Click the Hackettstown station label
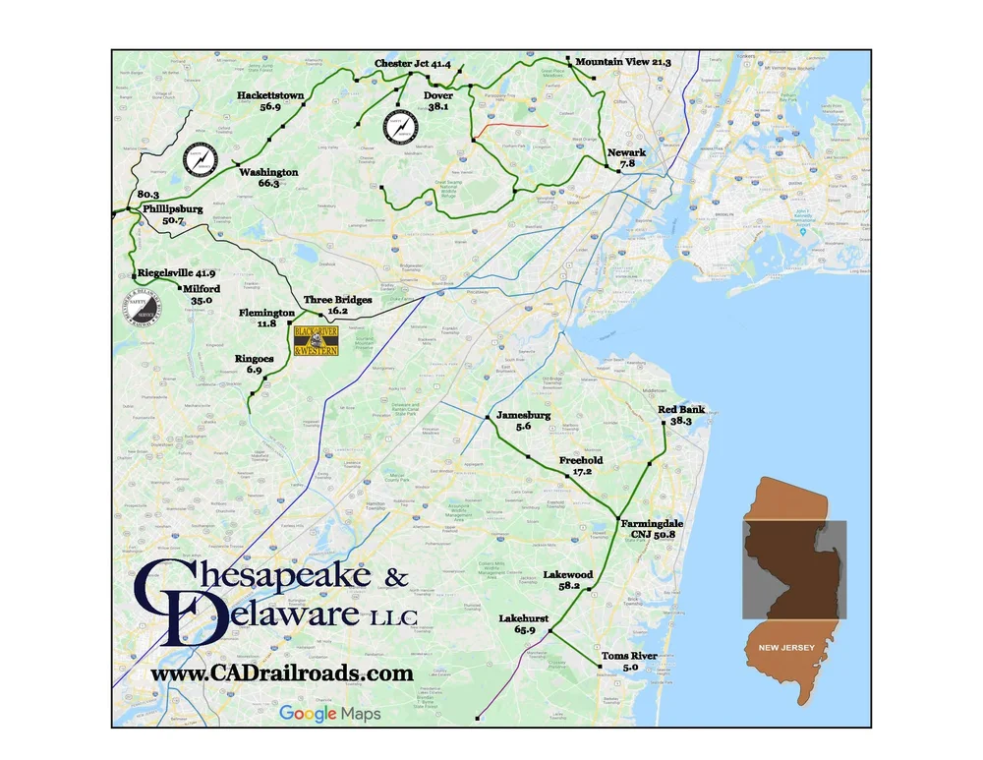270,95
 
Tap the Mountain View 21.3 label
623,62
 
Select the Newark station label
626,153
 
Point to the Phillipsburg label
172,209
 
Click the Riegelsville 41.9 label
177,273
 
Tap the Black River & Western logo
317,340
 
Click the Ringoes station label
254,359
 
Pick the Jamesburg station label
523,415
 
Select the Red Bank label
680,409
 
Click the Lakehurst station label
524,618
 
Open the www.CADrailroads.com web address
281,673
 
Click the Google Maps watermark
328,714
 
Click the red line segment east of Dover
510,128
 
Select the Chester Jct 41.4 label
413,64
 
